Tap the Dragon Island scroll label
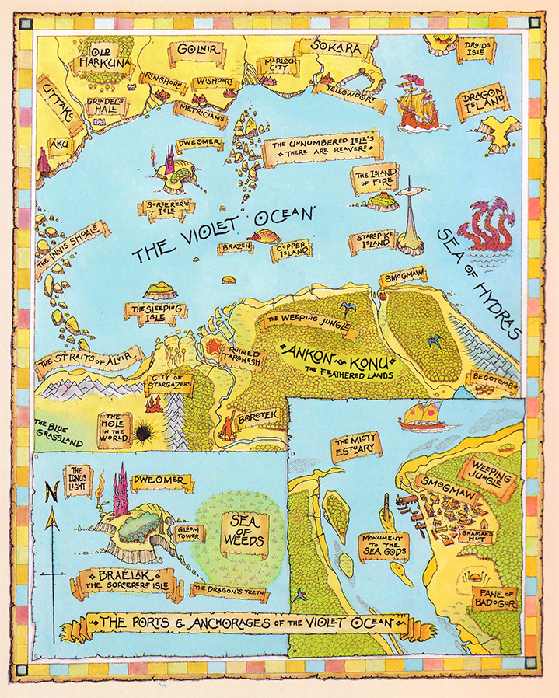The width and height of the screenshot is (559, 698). (x=483, y=103)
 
